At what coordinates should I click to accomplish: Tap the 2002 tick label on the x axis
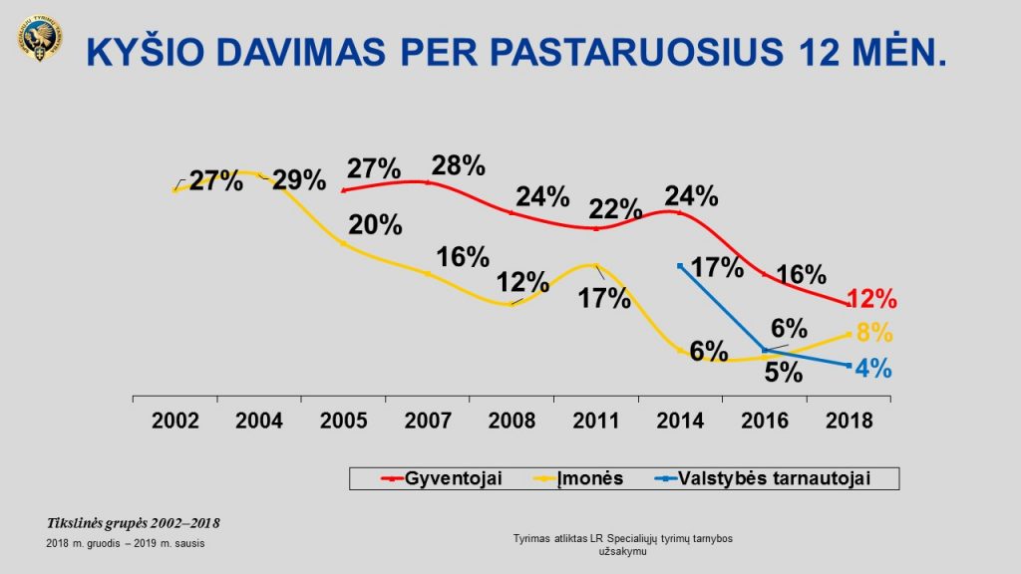click(175, 421)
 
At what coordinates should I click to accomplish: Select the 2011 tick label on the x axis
click(596, 421)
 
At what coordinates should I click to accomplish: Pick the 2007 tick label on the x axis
click(428, 421)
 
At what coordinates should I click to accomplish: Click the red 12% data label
click(873, 298)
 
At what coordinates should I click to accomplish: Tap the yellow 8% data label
click(874, 334)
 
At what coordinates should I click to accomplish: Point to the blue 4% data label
click(873, 368)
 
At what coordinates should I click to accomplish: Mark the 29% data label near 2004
click(300, 180)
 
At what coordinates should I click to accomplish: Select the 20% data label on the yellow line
click(376, 224)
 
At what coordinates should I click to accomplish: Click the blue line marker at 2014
click(680, 265)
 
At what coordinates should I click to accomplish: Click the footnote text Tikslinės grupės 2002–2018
click(134, 523)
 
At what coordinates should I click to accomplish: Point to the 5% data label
click(784, 372)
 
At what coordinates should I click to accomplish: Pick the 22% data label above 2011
click(616, 208)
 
